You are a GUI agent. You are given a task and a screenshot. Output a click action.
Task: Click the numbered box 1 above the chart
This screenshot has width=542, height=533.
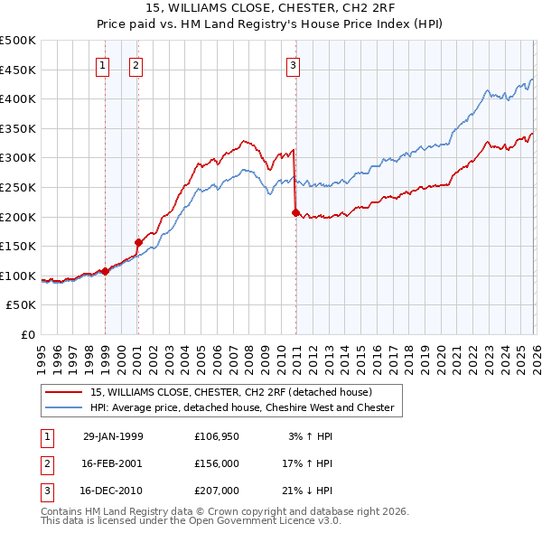coord(102,64)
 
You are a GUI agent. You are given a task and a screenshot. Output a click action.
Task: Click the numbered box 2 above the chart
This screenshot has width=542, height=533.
coord(135,64)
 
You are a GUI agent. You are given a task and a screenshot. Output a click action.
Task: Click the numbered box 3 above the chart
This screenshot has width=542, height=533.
coord(294,64)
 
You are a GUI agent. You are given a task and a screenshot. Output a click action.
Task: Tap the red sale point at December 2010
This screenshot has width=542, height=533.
coord(295,212)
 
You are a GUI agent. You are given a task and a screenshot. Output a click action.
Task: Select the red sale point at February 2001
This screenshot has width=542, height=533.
coord(138,242)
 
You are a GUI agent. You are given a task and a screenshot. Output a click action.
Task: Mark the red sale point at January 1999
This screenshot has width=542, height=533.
coord(106,271)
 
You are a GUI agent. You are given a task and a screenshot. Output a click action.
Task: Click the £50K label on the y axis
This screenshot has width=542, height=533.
coord(22,306)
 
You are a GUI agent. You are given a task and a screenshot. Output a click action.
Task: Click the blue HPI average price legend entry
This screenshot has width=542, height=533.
coord(241,408)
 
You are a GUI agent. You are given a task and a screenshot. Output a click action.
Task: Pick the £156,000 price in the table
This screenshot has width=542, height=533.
coord(217,463)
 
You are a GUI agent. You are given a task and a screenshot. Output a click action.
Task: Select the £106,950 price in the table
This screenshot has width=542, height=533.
coord(217,436)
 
